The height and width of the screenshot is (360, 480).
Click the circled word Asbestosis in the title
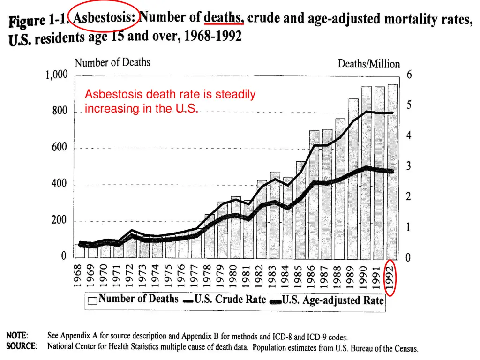[x=104, y=17]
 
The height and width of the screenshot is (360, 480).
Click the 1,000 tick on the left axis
[x=57, y=75]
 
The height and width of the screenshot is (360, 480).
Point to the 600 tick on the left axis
[x=60, y=148]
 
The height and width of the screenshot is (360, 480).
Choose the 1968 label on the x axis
[x=79, y=277]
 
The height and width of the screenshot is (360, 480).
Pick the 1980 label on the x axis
[x=236, y=277]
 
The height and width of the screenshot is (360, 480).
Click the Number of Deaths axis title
[x=112, y=62]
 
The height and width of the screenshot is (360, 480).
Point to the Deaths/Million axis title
[x=369, y=64]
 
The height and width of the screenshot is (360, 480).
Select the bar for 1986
[x=314, y=197]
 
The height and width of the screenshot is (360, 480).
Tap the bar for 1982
[x=262, y=220]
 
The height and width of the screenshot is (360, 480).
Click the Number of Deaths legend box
[x=92, y=300]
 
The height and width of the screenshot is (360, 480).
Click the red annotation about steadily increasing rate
[x=170, y=101]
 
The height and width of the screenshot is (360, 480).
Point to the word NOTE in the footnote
[x=17, y=336]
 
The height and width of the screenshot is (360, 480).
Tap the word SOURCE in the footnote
[x=22, y=346]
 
